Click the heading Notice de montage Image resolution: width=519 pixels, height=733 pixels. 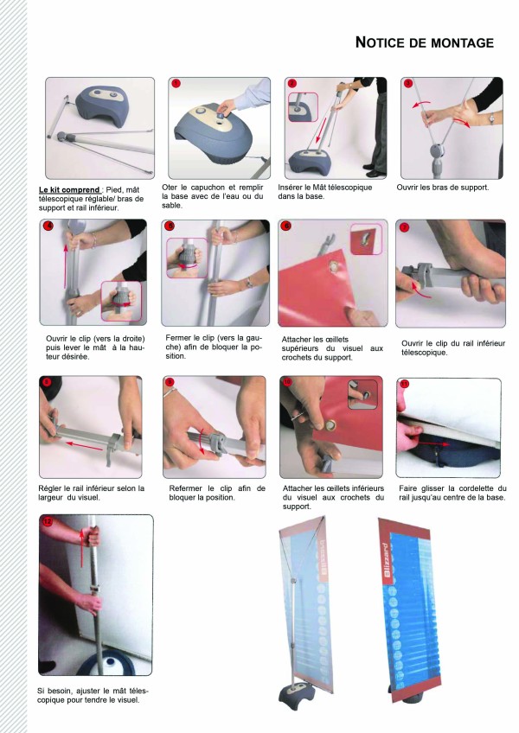tap(425, 42)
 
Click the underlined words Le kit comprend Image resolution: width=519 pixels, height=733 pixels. tap(69, 190)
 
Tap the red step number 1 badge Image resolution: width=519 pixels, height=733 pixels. tap(176, 84)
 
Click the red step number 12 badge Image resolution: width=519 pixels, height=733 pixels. tap(48, 521)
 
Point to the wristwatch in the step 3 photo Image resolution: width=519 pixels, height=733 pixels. tap(491, 118)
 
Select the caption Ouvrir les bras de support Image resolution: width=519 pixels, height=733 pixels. tap(443, 188)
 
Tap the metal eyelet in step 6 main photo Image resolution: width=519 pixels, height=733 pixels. tap(334, 267)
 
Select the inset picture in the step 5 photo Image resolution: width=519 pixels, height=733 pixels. tap(187, 258)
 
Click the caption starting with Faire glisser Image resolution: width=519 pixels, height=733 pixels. tap(452, 493)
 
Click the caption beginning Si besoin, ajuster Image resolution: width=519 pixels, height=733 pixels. tap(93, 695)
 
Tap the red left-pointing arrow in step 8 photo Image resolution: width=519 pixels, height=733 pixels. tap(84, 445)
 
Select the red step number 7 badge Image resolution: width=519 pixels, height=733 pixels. tap(404, 227)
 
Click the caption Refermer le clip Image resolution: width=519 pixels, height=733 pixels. tap(217, 493)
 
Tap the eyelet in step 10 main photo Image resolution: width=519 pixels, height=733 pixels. tap(331, 425)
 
